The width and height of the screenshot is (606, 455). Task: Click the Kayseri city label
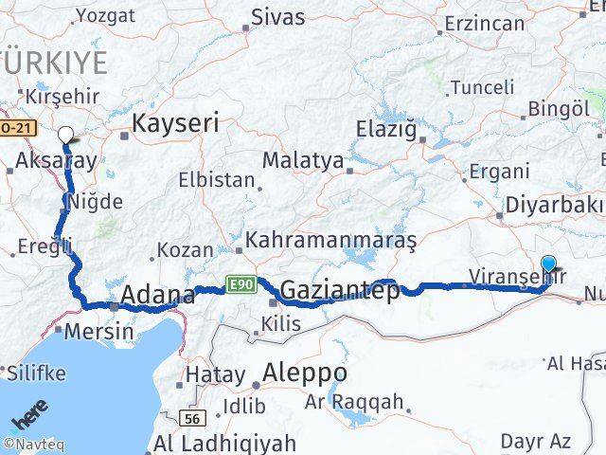(175, 122)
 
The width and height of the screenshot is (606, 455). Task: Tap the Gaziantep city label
(340, 290)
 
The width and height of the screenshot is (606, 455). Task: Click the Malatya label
(302, 160)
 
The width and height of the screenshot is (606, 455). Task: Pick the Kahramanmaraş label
(330, 241)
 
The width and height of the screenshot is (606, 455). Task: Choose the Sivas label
(278, 17)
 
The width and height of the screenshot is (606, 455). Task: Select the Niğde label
(95, 201)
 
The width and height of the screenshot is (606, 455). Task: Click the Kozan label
(185, 250)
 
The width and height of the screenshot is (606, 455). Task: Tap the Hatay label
(215, 375)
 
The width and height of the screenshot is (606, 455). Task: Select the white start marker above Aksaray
(66, 135)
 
